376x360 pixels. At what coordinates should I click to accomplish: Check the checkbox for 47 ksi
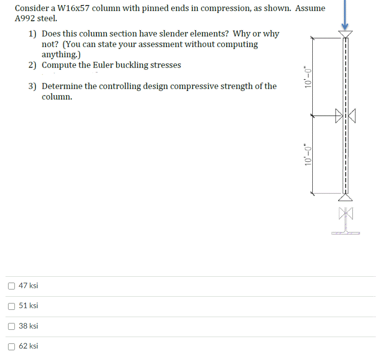[x=11, y=286]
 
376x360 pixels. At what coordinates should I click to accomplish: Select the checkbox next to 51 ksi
[x=11, y=306]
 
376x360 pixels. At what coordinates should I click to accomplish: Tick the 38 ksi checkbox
[x=11, y=326]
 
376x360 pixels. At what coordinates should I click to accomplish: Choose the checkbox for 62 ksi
[x=11, y=346]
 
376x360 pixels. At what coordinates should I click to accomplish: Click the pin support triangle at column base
[x=345, y=197]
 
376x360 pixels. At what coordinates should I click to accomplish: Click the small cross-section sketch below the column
[x=346, y=221]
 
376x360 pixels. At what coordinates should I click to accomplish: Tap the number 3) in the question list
[x=33, y=86]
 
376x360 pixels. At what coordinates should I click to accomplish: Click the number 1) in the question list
[x=33, y=34]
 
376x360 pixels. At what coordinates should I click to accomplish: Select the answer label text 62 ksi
[x=28, y=346]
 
